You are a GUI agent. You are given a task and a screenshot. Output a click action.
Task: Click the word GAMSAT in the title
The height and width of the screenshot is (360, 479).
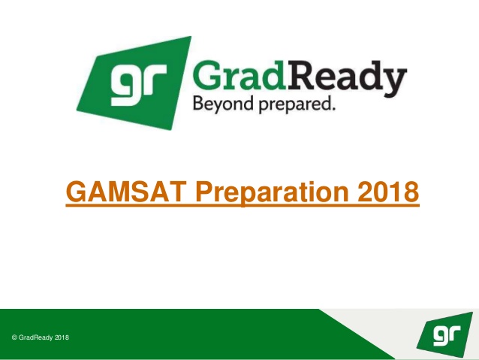[126, 192]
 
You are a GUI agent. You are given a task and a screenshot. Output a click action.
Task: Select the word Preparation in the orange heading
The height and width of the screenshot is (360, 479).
[273, 193]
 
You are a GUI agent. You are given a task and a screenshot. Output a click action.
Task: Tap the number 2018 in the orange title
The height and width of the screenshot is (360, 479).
[388, 192]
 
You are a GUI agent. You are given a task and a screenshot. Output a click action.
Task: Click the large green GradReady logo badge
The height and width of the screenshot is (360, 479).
[134, 83]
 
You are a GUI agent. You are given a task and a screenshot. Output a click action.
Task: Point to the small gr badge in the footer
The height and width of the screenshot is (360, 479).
[444, 334]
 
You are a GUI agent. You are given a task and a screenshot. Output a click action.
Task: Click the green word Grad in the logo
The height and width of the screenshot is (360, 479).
[239, 75]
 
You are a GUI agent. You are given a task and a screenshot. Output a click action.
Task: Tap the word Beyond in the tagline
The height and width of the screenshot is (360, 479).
[223, 104]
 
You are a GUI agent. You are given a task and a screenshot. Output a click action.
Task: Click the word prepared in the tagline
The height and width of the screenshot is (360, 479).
[294, 104]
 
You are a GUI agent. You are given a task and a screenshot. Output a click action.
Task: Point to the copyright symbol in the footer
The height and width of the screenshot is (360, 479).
[14, 337]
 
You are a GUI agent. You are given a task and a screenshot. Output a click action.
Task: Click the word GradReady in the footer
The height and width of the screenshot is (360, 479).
[35, 337]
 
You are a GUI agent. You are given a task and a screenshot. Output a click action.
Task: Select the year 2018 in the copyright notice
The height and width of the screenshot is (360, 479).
[62, 337]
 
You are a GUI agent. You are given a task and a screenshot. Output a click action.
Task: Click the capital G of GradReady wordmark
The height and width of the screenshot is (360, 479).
[207, 75]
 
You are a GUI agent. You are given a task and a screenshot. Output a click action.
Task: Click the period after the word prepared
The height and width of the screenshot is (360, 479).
[333, 108]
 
